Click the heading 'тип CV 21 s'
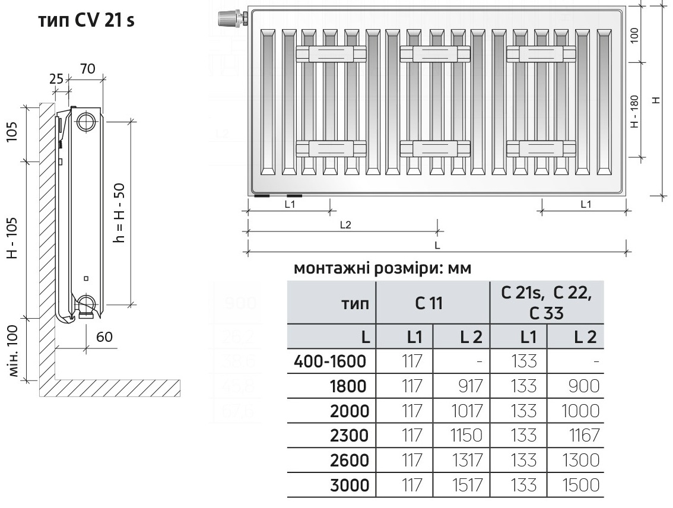click(x=87, y=22)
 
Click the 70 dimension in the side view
click(x=87, y=68)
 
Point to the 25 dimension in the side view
click(x=56, y=78)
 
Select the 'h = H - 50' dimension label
click(x=119, y=212)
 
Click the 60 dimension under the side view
click(x=104, y=337)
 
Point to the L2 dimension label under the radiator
click(x=345, y=225)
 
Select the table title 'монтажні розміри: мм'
click(x=382, y=269)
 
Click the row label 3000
click(x=351, y=485)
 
